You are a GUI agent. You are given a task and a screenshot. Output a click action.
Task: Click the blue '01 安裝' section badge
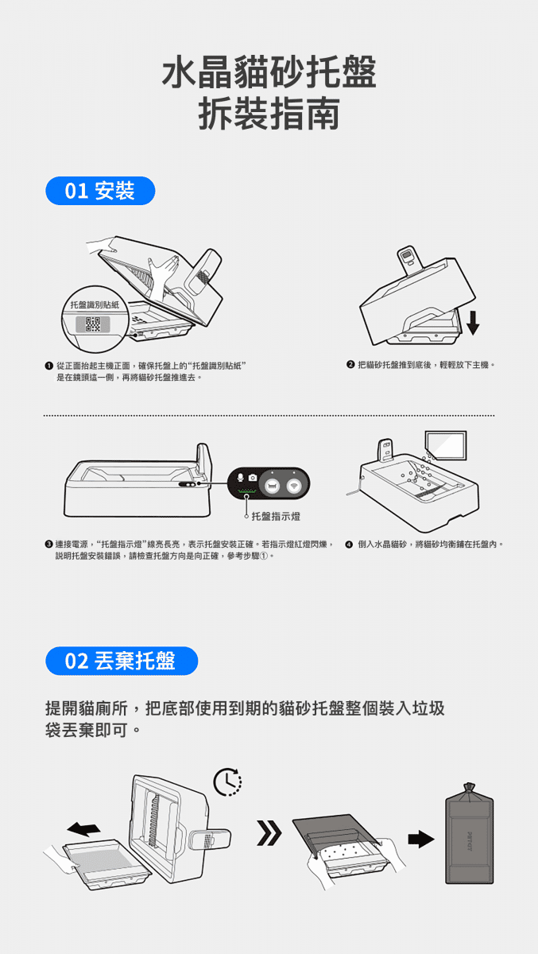tap(100, 191)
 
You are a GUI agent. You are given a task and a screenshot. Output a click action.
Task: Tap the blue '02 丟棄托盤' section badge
tap(122, 661)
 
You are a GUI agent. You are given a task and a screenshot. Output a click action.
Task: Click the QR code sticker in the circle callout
tap(93, 324)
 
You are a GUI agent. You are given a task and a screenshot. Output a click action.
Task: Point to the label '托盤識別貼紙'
tap(95, 305)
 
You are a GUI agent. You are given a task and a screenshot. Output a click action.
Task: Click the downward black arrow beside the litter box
tap(473, 323)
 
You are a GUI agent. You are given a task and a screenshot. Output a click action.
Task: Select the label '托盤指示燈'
tap(276, 516)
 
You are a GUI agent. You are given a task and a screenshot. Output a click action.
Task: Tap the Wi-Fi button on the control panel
tap(294, 485)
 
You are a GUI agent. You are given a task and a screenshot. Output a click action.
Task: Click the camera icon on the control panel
tap(253, 478)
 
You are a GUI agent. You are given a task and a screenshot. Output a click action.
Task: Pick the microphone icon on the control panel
tap(241, 478)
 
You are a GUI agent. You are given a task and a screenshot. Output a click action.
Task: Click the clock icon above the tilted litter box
tap(227, 782)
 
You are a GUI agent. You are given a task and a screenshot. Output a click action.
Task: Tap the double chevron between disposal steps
tap(269, 832)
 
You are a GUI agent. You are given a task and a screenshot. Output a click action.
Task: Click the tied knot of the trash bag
tap(469, 788)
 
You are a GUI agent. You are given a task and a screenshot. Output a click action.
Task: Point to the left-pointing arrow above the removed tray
tap(83, 828)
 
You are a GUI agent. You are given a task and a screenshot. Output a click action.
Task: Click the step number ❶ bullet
tap(48, 366)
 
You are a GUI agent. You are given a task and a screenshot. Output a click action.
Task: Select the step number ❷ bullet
tap(350, 365)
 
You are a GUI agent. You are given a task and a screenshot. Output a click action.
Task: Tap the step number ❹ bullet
tap(350, 545)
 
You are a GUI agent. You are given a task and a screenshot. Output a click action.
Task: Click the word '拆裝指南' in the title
tap(269, 113)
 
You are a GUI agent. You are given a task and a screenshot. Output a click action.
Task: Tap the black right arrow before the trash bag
tap(421, 839)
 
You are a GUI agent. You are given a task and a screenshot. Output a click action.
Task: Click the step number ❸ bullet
tap(48, 545)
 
